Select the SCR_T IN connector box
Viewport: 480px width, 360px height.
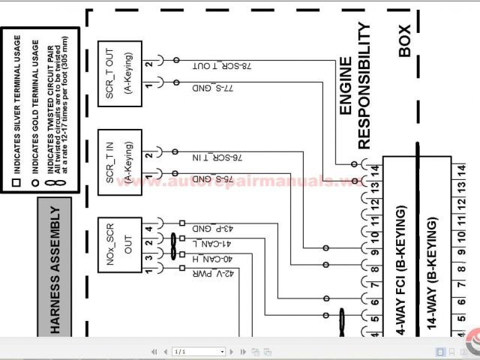(x=119, y=161)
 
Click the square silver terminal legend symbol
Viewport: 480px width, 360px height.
(x=15, y=182)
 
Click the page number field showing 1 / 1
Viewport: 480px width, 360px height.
(x=199, y=351)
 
